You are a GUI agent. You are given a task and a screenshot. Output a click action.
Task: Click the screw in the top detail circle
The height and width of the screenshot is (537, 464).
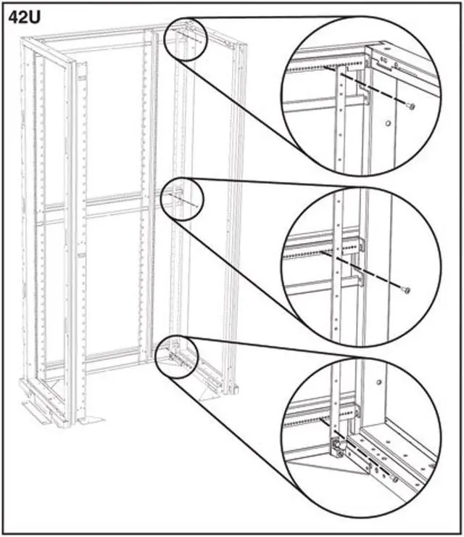pyautogui.click(x=411, y=107)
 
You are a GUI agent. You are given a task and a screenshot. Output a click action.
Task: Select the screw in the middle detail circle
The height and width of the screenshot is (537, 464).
pyautogui.click(x=406, y=291)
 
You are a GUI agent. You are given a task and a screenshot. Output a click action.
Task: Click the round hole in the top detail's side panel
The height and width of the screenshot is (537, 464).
pyautogui.click(x=389, y=123)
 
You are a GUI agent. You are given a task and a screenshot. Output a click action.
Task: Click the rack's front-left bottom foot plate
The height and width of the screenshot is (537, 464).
pyautogui.click(x=43, y=414)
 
